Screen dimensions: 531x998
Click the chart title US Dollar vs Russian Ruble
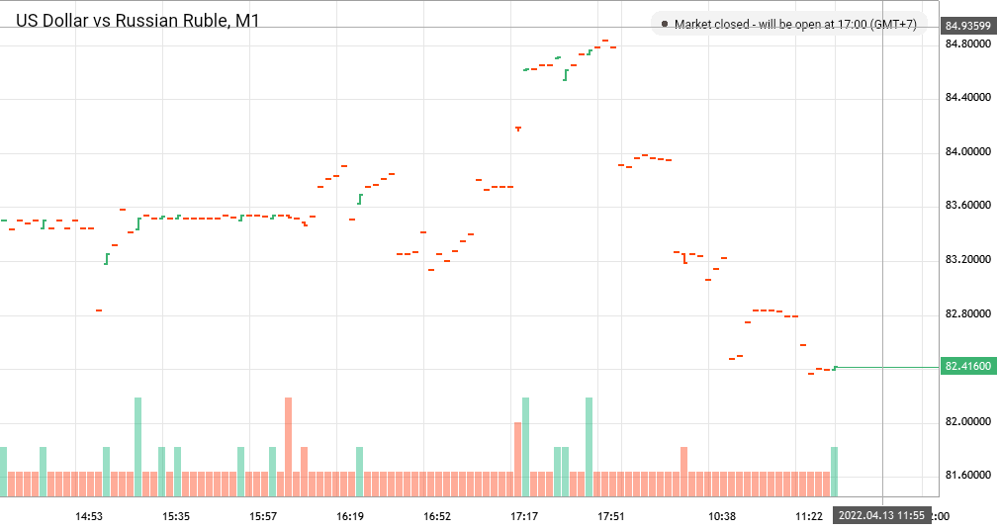(x=136, y=20)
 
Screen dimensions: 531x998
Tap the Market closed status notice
(x=794, y=24)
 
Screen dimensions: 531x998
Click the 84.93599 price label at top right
(x=967, y=26)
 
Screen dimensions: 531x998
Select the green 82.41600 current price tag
(x=967, y=367)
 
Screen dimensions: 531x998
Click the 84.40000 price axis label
(x=967, y=98)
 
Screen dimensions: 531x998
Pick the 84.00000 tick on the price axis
(x=967, y=151)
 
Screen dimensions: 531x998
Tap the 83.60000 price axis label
(x=967, y=206)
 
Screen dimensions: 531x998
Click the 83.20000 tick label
(x=967, y=259)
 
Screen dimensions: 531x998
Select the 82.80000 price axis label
(x=967, y=313)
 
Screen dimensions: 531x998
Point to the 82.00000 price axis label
(x=967, y=421)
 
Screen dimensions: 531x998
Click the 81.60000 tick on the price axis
(x=967, y=475)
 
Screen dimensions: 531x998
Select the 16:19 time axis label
(x=350, y=516)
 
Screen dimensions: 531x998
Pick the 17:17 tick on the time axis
(x=524, y=516)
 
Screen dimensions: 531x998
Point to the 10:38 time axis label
(x=722, y=516)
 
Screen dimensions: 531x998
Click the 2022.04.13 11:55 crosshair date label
(x=882, y=516)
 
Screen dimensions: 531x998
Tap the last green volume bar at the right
(x=835, y=472)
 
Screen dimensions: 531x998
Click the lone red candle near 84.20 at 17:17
(x=517, y=129)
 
